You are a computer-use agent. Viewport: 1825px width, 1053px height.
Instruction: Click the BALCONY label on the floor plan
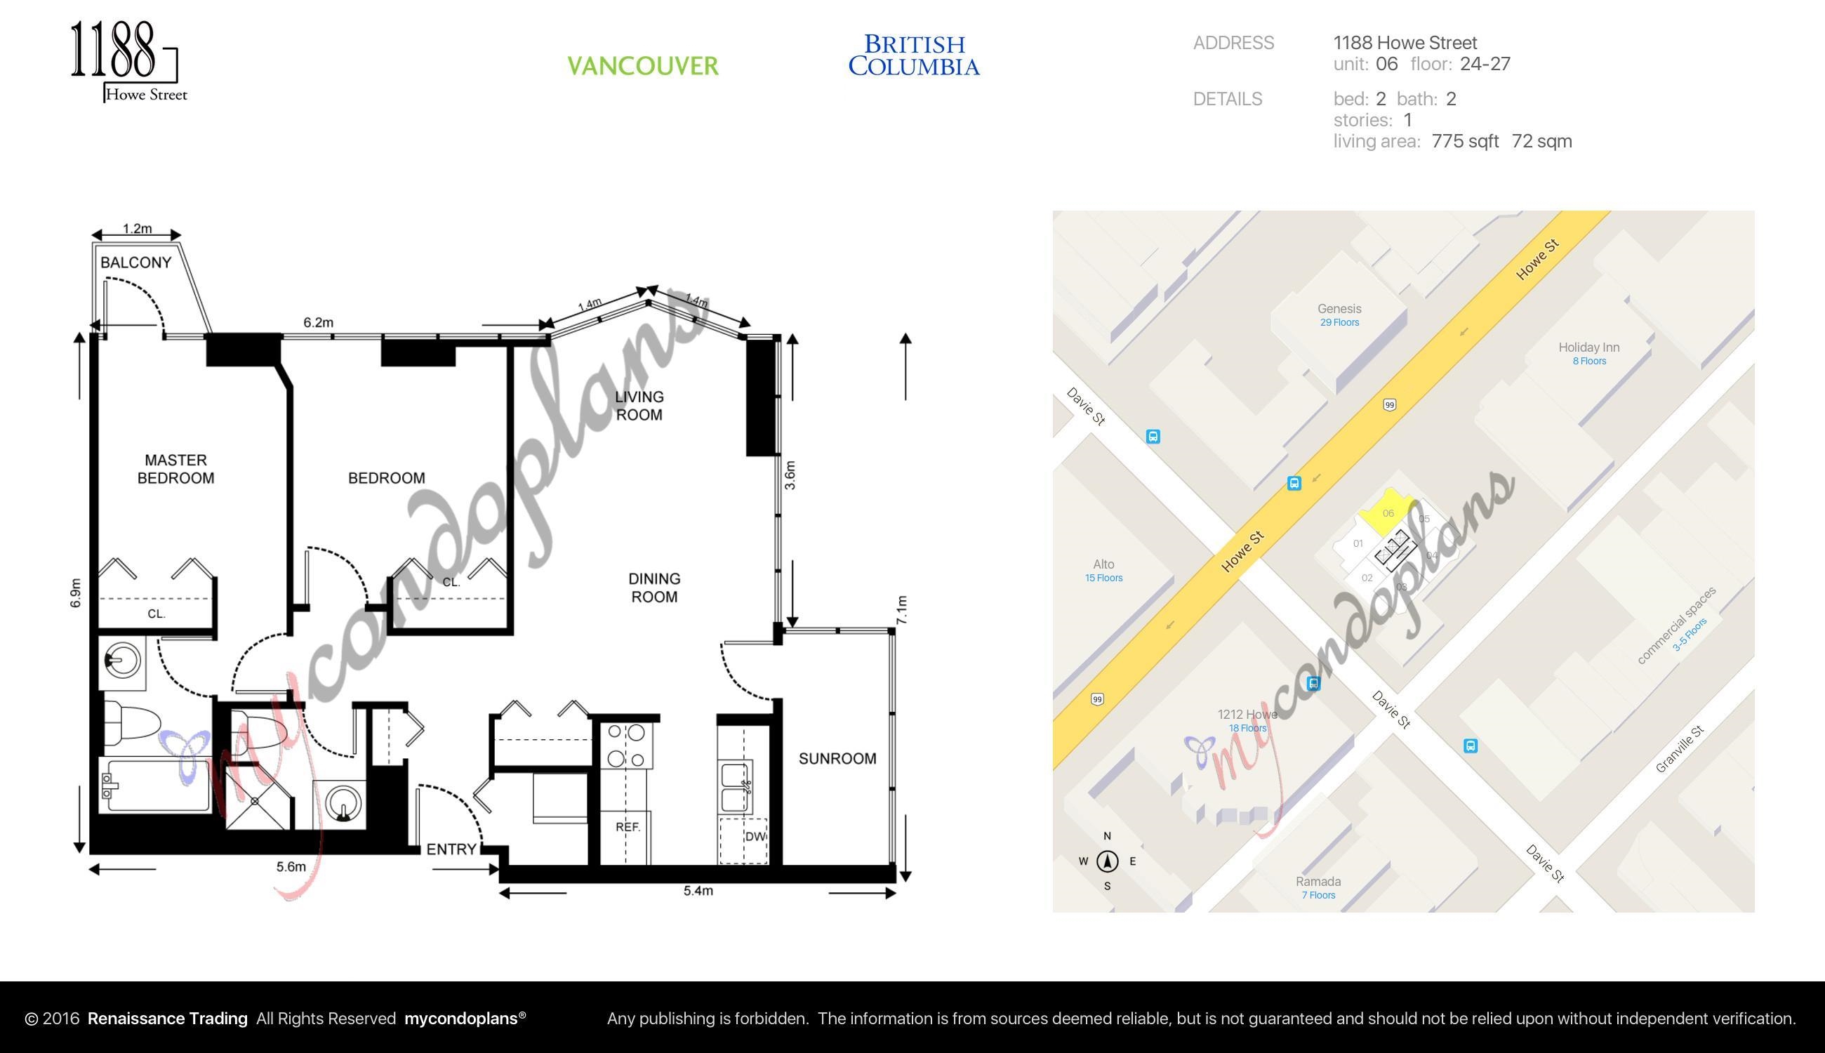coord(136,263)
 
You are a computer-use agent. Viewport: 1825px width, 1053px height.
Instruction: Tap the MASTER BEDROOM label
coord(175,469)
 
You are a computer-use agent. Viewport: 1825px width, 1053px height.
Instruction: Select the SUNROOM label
coord(837,759)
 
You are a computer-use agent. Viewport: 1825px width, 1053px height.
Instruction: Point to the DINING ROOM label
coord(653,588)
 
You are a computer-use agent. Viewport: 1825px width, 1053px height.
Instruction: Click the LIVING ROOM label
coord(639,406)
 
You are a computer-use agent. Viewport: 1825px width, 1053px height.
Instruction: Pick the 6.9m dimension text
coord(76,593)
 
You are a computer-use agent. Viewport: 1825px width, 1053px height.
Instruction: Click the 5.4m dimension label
coord(698,891)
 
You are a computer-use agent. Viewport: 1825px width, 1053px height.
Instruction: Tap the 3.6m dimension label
coord(790,475)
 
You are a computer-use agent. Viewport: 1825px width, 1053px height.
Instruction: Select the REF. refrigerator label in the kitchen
coord(628,827)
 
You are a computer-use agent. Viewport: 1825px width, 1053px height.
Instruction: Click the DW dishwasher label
coord(754,837)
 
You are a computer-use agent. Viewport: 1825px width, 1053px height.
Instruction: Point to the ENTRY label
coord(451,849)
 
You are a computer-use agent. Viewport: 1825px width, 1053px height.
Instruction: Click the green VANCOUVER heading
coord(643,66)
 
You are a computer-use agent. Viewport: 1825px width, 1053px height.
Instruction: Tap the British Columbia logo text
coord(914,55)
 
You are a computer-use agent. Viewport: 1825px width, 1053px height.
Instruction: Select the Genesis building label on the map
coord(1339,309)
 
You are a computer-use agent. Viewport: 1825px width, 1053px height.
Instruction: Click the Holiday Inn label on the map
coord(1588,347)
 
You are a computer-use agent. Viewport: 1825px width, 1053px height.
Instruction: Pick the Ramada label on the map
coord(1318,882)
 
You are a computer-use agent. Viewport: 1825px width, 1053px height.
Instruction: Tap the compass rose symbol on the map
coord(1107,861)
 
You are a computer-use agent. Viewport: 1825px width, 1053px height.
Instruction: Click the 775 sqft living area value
coord(1465,141)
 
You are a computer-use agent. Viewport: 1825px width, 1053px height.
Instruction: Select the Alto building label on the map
coord(1103,564)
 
